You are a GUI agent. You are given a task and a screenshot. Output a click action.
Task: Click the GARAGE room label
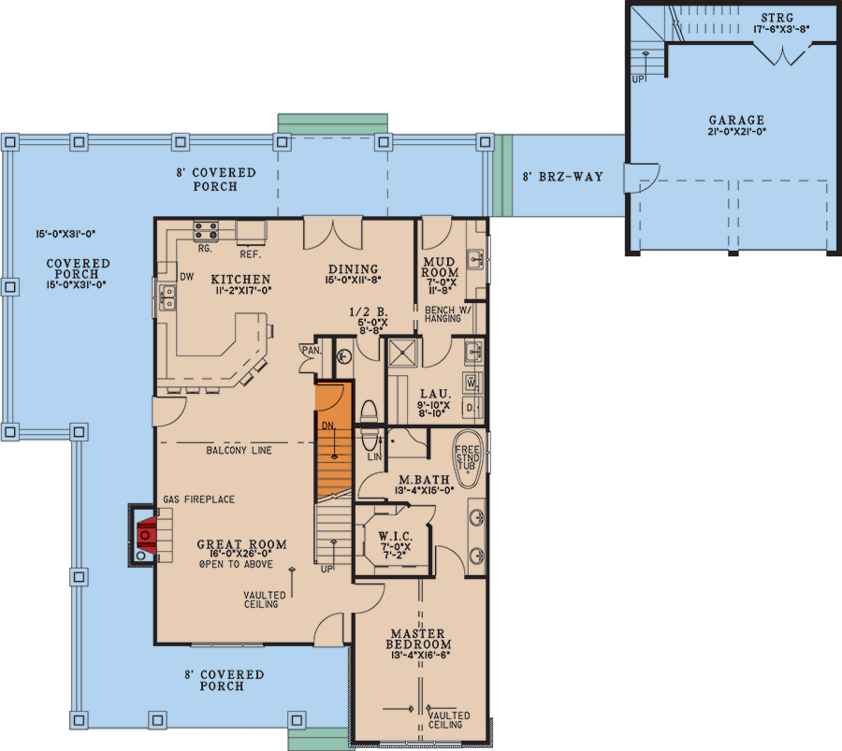pos(736,121)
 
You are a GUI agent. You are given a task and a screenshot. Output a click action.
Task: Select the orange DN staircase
pos(334,440)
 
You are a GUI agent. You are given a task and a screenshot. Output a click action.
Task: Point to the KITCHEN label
pos(240,279)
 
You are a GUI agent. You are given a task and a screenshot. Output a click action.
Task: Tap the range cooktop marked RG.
pos(206,231)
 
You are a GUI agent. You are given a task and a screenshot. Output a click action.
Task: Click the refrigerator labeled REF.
pos(251,232)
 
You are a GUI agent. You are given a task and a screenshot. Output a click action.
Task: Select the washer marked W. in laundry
pos(472,383)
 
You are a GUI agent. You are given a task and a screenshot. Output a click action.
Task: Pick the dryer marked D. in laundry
pos(472,408)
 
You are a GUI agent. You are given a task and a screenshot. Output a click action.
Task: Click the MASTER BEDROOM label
pos(418,639)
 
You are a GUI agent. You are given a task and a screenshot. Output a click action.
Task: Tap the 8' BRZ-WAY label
pos(563,177)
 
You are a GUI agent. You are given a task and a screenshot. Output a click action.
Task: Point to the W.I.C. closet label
pos(396,536)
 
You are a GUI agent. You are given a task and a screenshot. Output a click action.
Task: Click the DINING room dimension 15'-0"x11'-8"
pos(353,280)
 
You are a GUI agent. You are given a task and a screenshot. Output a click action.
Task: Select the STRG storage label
pos(777,18)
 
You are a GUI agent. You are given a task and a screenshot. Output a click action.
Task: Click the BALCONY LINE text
pos(239,451)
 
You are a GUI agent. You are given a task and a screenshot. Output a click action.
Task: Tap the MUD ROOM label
pos(440,267)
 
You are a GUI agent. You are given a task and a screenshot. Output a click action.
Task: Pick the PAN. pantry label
pos(312,351)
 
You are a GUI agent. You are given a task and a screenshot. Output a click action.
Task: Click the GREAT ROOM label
pos(241,544)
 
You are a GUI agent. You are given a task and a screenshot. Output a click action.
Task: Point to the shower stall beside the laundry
pos(402,353)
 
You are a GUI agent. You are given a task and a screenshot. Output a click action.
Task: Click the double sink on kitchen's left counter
pos(168,297)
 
